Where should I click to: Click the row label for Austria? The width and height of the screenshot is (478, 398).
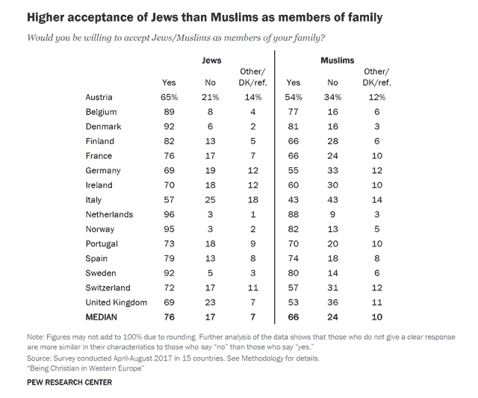click(x=101, y=98)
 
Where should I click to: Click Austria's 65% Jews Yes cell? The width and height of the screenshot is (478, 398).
click(x=169, y=98)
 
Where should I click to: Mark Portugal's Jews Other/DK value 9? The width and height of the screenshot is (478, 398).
click(x=254, y=243)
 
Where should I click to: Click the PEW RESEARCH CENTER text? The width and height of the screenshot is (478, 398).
click(x=67, y=383)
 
